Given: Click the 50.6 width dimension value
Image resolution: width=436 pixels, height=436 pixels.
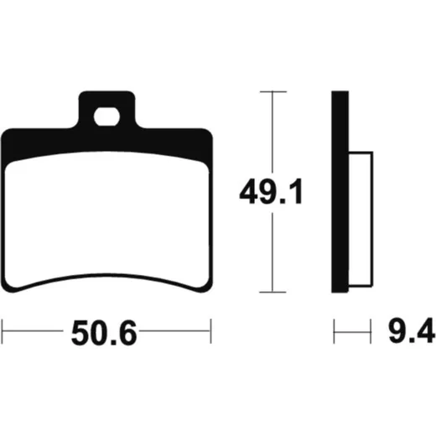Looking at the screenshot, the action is point(104,333).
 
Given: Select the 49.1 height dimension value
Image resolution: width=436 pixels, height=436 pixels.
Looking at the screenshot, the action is point(271,192).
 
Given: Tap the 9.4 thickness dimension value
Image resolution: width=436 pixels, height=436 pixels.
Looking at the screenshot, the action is point(412,330).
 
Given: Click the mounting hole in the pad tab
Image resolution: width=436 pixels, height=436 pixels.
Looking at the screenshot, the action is point(106,117).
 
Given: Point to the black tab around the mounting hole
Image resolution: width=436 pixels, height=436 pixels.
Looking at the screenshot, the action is point(106,99).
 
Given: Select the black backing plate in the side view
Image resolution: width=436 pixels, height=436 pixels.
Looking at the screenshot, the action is point(340,192).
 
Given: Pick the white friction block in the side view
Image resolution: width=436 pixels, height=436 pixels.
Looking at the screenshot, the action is point(361,219).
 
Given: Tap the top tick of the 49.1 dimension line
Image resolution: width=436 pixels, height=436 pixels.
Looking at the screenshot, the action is point(273,91).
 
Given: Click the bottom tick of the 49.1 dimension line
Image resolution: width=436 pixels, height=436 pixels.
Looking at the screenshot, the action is point(272,292).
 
